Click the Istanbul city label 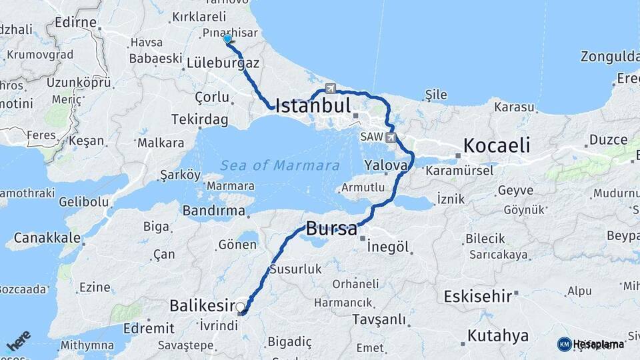coord(313,106)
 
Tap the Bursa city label coord(331,229)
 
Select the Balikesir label coord(200,305)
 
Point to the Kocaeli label coord(497,145)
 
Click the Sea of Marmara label coord(280,165)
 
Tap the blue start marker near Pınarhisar coord(227,39)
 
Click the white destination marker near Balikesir coord(241,308)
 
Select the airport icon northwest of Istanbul coord(331,88)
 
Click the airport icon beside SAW coord(391,138)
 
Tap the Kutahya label coord(498,335)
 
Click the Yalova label coord(386,165)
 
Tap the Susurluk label coord(295,270)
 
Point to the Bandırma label coord(214,211)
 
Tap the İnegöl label coord(387,246)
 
